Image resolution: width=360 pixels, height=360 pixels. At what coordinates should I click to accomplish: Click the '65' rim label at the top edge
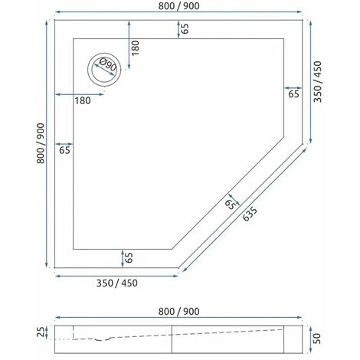click(x=185, y=28)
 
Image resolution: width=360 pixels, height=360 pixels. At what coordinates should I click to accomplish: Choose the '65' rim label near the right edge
click(x=293, y=94)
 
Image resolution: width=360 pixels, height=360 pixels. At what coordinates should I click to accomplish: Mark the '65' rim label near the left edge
click(x=64, y=149)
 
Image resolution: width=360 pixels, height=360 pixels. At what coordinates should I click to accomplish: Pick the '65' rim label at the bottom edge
click(x=129, y=257)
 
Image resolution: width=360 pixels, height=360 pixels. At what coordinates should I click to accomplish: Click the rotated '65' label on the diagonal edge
click(x=231, y=203)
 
